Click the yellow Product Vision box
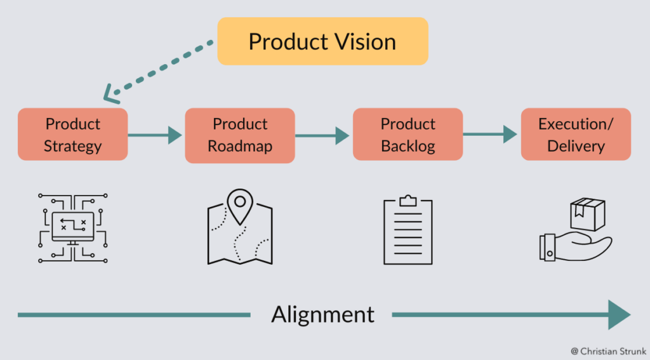(x=322, y=41)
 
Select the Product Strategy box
(x=73, y=135)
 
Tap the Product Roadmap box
(x=240, y=135)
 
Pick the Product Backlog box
(x=408, y=135)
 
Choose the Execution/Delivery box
(x=576, y=135)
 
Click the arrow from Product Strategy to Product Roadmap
(x=155, y=135)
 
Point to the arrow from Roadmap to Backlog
(x=322, y=135)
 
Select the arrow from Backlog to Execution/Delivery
(x=489, y=135)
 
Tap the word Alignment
(x=322, y=314)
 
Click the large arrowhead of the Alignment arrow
(x=619, y=314)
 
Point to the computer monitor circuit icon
(x=72, y=227)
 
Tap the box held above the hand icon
(x=587, y=215)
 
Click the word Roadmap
(x=240, y=146)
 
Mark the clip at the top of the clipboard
(x=408, y=201)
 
